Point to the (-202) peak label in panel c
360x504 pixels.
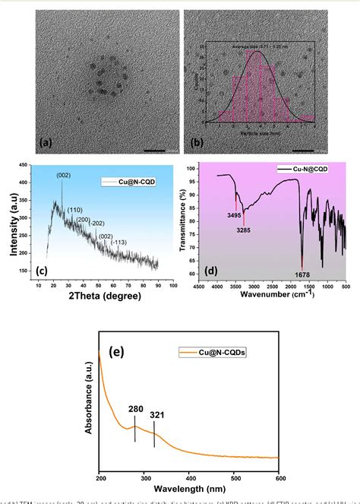tap(96, 223)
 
